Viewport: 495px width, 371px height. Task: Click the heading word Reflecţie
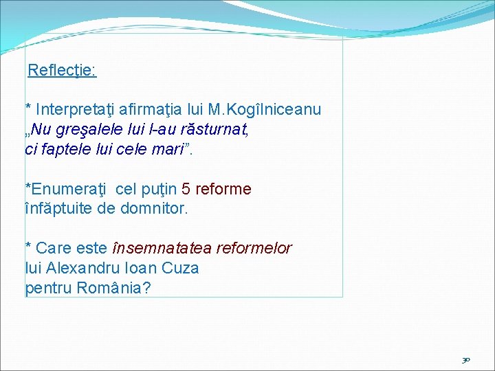pos(61,71)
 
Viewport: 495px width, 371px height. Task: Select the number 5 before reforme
pos(186,189)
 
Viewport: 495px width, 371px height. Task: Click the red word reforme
pos(223,189)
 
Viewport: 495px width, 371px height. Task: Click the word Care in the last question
pos(51,248)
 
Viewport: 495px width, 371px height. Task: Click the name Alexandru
pos(81,268)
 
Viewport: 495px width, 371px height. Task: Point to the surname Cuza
pos(181,268)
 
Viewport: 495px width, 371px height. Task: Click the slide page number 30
pos(465,359)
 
